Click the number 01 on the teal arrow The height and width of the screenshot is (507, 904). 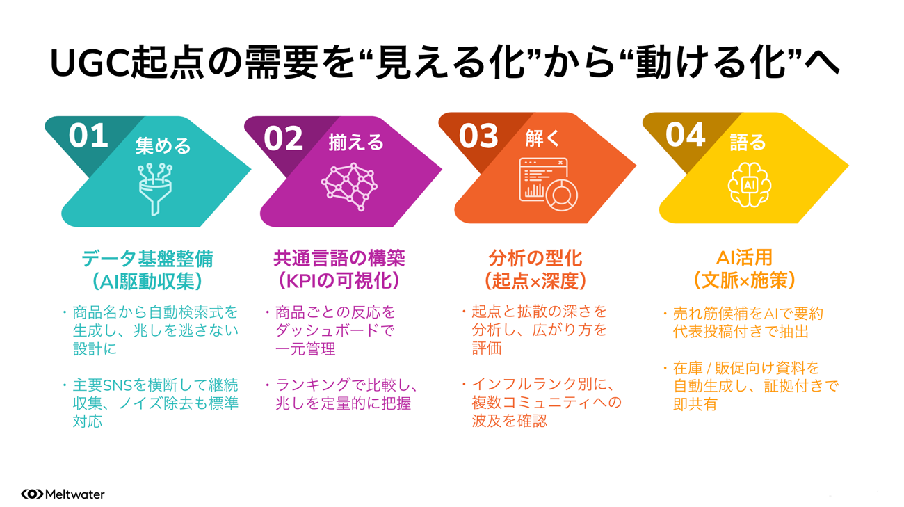click(88, 136)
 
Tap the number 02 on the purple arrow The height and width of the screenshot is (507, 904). click(283, 138)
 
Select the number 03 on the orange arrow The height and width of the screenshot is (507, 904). click(478, 136)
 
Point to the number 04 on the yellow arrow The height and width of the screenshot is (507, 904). click(685, 135)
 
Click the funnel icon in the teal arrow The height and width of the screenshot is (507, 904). click(155, 188)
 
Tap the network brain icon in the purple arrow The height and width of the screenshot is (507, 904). click(350, 186)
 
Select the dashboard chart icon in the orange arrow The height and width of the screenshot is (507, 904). click(548, 184)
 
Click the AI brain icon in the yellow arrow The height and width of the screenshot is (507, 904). click(750, 185)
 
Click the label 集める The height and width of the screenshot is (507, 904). click(163, 145)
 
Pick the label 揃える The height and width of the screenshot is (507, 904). click(356, 143)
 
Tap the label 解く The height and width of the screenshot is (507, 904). click(542, 138)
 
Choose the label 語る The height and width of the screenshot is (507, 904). click(748, 142)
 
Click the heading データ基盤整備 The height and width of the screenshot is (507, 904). click(147, 258)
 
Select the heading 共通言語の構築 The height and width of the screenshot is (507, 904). click(339, 258)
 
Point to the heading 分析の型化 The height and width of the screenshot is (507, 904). click(535, 258)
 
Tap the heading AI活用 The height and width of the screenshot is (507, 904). click(745, 257)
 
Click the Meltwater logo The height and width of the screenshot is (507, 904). click(63, 494)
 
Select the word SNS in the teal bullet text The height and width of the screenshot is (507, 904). click(118, 385)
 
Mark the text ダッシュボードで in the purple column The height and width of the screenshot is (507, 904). click(335, 330)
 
